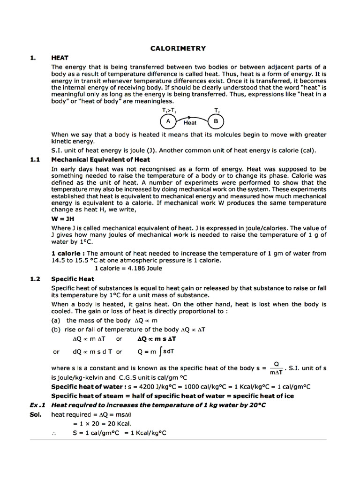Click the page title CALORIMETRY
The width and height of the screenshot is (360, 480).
[178, 48]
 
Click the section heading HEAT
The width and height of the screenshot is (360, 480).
[60, 58]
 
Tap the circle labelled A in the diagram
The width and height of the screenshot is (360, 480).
[168, 121]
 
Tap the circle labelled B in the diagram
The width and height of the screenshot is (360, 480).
[216, 121]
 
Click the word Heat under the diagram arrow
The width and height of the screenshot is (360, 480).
[190, 123]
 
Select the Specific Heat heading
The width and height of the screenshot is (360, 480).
[73, 279]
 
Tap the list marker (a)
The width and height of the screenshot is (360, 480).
[56, 321]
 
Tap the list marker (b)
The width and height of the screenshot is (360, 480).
[56, 330]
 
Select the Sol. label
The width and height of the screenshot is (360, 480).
[36, 414]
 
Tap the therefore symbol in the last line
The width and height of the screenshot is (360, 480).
[54, 434]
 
